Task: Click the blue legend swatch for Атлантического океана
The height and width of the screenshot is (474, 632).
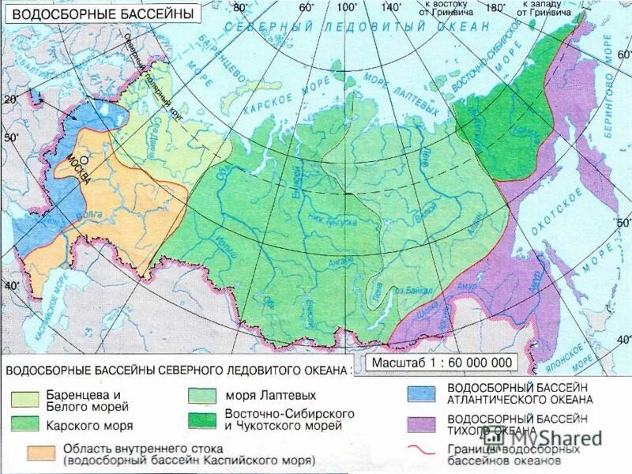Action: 422,393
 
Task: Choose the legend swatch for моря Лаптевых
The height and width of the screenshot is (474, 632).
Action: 201,394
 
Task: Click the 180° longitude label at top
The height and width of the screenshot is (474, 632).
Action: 495,7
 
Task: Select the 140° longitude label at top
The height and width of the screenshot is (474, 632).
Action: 391,7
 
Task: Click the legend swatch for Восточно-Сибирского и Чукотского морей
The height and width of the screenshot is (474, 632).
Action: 201,419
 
